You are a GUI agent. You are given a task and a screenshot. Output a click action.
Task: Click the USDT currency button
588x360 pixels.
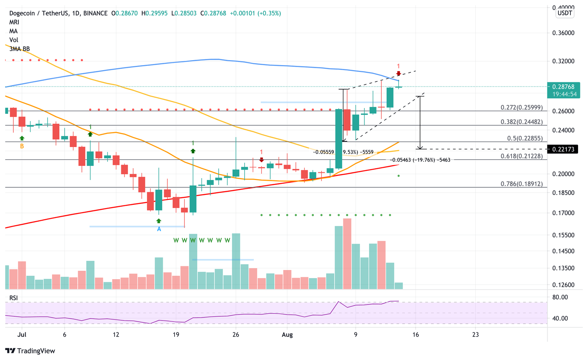[565, 13]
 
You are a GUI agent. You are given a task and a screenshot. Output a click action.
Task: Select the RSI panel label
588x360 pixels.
[14, 298]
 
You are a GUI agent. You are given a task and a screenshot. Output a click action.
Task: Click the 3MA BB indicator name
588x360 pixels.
[20, 49]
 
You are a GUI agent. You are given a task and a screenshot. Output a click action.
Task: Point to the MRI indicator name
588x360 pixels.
[14, 22]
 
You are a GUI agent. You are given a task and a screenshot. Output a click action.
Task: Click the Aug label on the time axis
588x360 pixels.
[287, 335]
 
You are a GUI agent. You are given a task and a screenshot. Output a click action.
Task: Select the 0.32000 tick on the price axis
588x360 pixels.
[563, 61]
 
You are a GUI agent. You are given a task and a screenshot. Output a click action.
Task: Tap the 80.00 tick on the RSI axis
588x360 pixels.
[560, 297]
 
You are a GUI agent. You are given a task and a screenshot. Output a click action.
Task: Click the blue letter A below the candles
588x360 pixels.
[159, 229]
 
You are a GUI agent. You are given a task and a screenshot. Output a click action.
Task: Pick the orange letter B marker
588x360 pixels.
[22, 146]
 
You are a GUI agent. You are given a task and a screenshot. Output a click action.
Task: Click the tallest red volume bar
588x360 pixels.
[347, 254]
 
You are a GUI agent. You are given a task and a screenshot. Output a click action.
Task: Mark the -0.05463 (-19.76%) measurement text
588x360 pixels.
[420, 160]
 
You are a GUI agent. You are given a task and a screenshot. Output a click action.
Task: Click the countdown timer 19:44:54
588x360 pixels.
[565, 94]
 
